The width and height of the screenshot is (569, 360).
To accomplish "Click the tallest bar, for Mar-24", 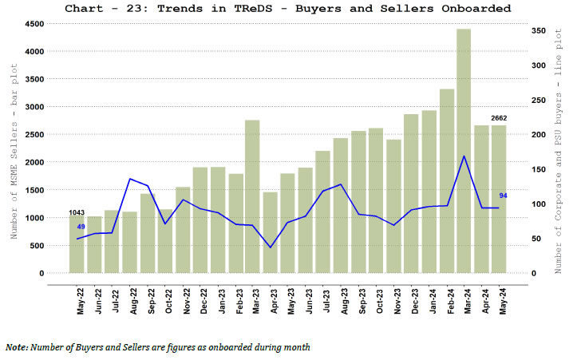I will [x=464, y=152].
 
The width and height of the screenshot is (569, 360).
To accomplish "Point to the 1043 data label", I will [x=77, y=212].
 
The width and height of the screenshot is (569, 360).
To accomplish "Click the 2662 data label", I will [x=499, y=118].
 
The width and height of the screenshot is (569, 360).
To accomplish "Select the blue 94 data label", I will [x=503, y=196].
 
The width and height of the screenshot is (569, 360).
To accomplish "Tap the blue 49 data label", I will [x=81, y=227].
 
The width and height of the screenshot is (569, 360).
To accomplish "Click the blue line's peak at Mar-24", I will [x=464, y=156].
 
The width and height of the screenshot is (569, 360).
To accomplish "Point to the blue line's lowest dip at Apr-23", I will [x=270, y=247].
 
